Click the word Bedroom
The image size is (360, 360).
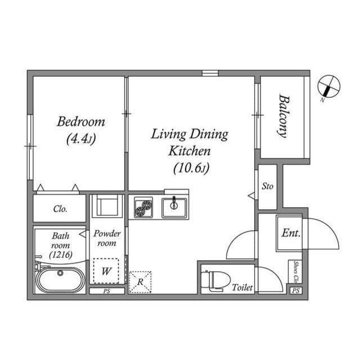[81, 121]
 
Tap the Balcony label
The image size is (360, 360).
[284, 116]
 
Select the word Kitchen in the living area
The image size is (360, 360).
[190, 151]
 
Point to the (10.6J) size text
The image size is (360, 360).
[191, 169]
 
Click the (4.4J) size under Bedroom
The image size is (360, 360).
[81, 139]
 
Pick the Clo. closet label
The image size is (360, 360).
[60, 209]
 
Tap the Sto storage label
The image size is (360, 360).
[268, 186]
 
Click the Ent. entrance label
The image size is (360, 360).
[291, 233]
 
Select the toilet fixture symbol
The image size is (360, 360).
[215, 281]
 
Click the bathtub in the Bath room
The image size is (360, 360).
[60, 280]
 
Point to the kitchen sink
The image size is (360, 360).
[174, 208]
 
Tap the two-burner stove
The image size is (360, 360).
[143, 207]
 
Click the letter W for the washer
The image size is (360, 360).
[106, 271]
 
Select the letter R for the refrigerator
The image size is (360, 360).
[140, 282]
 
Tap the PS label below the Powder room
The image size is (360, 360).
[107, 291]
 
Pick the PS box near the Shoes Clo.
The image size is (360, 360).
[296, 291]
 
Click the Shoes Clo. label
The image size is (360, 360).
[296, 272]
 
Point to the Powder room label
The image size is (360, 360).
[107, 238]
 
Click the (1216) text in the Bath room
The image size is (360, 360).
[61, 254]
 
